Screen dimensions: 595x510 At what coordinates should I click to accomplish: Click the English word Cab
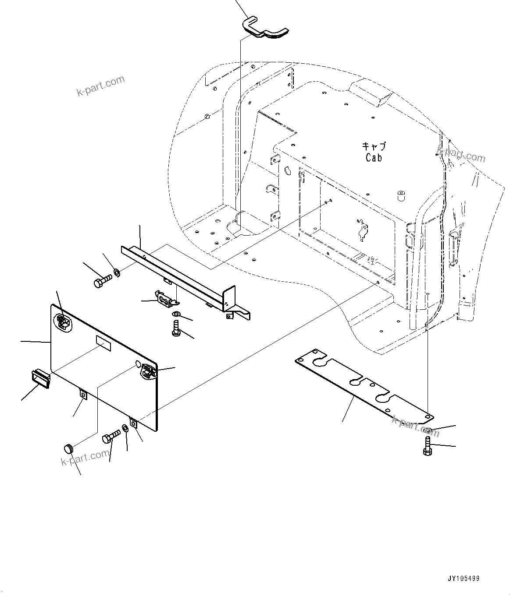pos(374,158)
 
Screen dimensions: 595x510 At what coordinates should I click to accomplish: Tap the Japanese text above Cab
pos(374,146)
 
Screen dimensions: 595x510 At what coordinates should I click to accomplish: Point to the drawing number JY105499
pos(464,578)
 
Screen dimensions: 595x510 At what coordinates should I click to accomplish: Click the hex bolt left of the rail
pos(102,280)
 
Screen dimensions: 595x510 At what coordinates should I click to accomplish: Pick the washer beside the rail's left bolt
pos(117,273)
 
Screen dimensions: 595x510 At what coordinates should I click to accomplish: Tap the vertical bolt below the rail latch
pos(176,328)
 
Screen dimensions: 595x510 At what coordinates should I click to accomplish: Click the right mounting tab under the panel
pos(134,423)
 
